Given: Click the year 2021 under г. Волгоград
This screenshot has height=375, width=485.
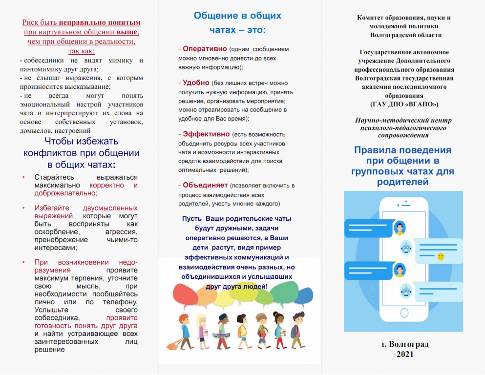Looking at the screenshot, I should point(405,354).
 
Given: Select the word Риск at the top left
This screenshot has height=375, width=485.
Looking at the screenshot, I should point(31,22).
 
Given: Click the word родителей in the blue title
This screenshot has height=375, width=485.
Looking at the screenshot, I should point(402,182).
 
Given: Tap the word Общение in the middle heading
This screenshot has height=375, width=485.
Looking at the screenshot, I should point(213,16).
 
